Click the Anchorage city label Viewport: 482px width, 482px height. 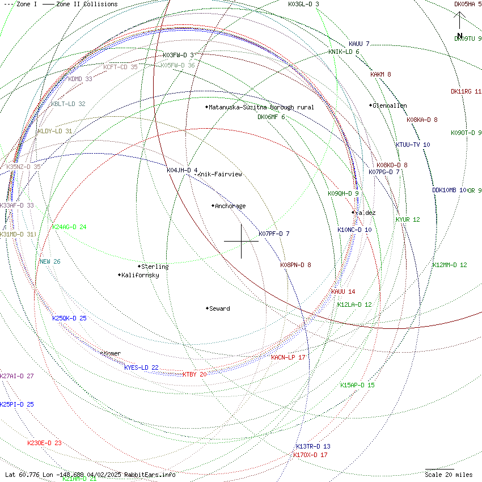tap(230, 206)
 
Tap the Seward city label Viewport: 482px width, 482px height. tap(219, 308)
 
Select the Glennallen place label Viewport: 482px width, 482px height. tap(390, 105)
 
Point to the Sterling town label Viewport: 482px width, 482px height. tap(155, 267)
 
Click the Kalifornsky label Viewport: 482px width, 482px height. tap(140, 275)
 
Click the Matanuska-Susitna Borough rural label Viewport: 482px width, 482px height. tap(261, 107)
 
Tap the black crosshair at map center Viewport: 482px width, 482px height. tap(241, 241)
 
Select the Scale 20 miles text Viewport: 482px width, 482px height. tap(449, 474)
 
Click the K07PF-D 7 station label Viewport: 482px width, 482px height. tap(274, 234)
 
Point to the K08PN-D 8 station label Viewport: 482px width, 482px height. tap(295, 265)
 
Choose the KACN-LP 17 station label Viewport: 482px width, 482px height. tap(288, 357)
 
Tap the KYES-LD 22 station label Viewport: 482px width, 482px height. tap(141, 367)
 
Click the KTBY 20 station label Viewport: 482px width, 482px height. tap(195, 374)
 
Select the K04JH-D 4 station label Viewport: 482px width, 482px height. tap(182, 170)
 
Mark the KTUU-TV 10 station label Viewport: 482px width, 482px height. tap(413, 145)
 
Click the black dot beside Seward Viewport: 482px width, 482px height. tap(207, 308)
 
